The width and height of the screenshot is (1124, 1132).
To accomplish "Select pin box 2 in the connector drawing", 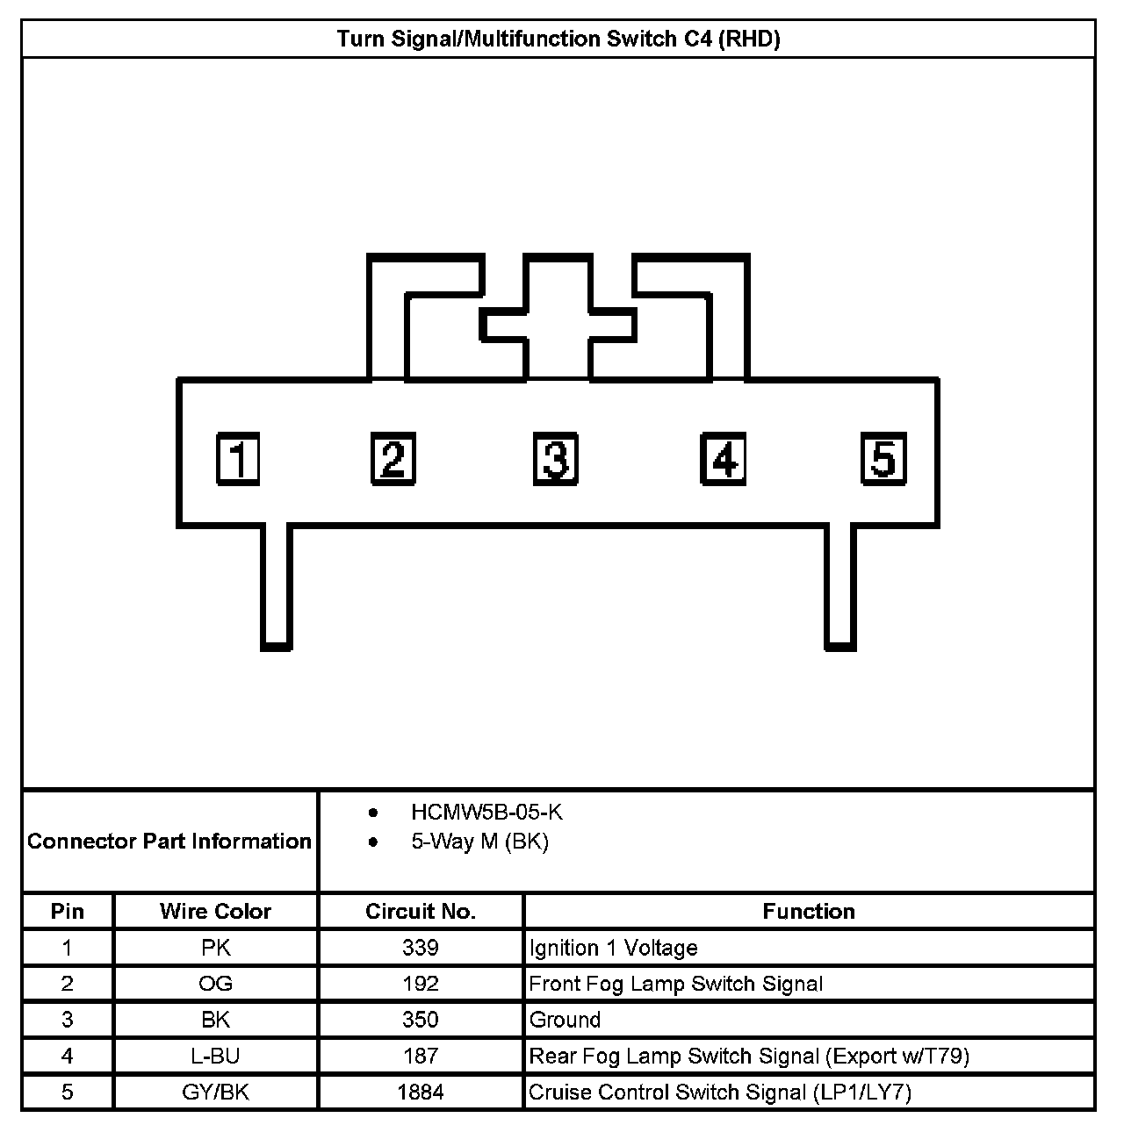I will tap(393, 458).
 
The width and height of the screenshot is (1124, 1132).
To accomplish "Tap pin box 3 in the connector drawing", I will tap(556, 458).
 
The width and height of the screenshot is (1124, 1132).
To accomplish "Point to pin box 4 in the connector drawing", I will tap(723, 458).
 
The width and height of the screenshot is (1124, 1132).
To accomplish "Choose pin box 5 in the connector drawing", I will tap(883, 458).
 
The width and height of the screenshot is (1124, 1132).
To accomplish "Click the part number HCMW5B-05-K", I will tap(486, 812).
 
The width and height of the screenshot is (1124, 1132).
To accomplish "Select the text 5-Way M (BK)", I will tap(479, 842).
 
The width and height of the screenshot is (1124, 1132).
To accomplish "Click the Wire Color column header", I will tap(215, 911).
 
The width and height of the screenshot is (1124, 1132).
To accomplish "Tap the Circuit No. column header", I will tap(421, 911).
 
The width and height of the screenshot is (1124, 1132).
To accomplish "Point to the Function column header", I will tap(808, 911).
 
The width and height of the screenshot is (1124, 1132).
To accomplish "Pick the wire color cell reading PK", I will tap(215, 948).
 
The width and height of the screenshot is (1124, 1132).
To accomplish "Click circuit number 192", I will tap(421, 984).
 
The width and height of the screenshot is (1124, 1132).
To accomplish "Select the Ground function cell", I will tap(566, 1020).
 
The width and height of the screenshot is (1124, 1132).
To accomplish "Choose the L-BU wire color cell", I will tap(215, 1056).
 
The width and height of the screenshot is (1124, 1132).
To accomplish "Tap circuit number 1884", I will tap(421, 1092).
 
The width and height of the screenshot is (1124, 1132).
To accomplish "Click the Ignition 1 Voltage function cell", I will tap(613, 948).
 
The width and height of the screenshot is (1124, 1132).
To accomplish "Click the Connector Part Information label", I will tap(169, 841).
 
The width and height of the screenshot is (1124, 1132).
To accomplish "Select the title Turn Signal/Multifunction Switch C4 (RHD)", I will tap(558, 39).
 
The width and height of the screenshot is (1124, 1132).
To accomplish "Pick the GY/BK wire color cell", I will tap(215, 1092).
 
